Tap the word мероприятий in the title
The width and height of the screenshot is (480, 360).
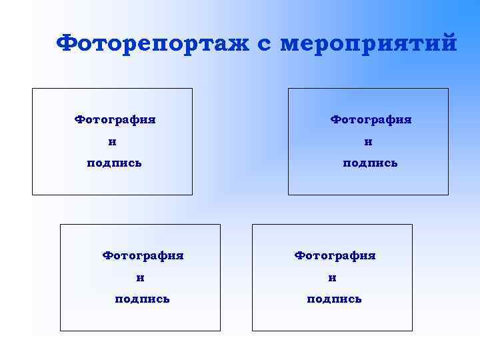[x=369, y=44]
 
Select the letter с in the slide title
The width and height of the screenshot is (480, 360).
[x=265, y=45]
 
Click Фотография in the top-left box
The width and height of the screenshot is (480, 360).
[x=115, y=120]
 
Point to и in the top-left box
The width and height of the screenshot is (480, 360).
[x=112, y=142]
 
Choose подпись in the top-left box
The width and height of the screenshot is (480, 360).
[x=114, y=163]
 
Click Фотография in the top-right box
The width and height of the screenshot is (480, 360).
[x=371, y=120]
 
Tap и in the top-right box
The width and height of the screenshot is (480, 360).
[x=368, y=142]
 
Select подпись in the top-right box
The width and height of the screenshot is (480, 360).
[x=370, y=163]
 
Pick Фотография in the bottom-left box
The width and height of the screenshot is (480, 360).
[x=143, y=255]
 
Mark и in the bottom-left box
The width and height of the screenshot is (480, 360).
[x=140, y=277]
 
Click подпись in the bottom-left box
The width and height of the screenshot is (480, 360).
[x=142, y=299]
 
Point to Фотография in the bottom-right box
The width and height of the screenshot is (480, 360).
[x=335, y=255]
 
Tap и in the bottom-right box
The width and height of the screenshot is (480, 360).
[x=332, y=277]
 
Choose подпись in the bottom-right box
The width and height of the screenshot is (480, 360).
[x=334, y=299]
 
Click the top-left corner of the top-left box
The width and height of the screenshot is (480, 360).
[x=33, y=89]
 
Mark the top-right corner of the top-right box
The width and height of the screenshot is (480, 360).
[x=448, y=89]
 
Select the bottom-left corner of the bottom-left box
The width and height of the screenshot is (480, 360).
[x=61, y=331]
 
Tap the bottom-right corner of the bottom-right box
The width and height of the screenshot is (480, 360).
[x=412, y=331]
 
